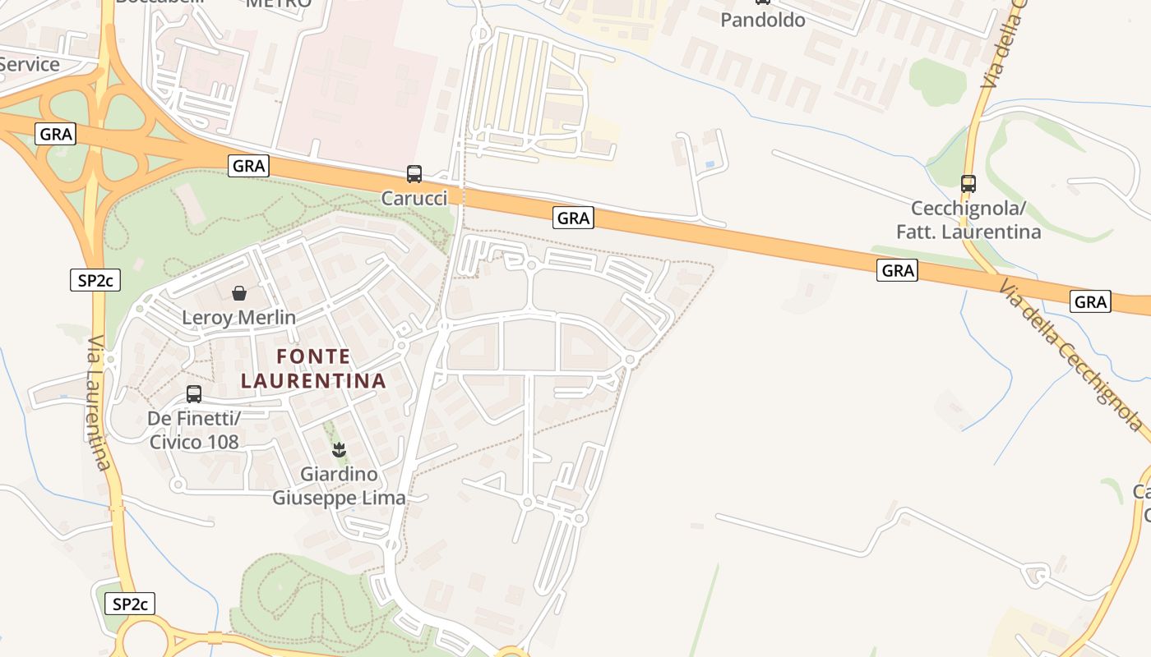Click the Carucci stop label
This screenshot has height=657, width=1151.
point(414,198)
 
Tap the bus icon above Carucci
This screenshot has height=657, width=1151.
point(414,174)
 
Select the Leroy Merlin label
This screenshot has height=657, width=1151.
point(238,317)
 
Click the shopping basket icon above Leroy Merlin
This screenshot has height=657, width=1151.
point(239,293)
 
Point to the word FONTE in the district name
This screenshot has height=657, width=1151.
point(313,356)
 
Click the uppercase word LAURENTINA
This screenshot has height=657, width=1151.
point(313,381)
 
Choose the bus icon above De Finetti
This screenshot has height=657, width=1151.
point(194,394)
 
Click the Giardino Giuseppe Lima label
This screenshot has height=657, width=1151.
point(339,486)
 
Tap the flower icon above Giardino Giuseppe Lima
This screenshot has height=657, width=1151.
point(338,449)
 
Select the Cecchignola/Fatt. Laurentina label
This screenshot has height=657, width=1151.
point(968,220)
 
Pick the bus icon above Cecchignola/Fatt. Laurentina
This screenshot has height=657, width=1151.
point(968,184)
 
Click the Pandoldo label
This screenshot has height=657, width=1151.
point(762,20)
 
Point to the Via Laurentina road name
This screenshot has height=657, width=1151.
point(97,402)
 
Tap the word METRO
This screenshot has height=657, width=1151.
point(279,3)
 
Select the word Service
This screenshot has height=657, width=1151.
point(30,64)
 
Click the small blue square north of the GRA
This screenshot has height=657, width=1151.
point(710,164)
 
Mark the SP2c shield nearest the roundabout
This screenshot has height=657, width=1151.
point(130,604)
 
